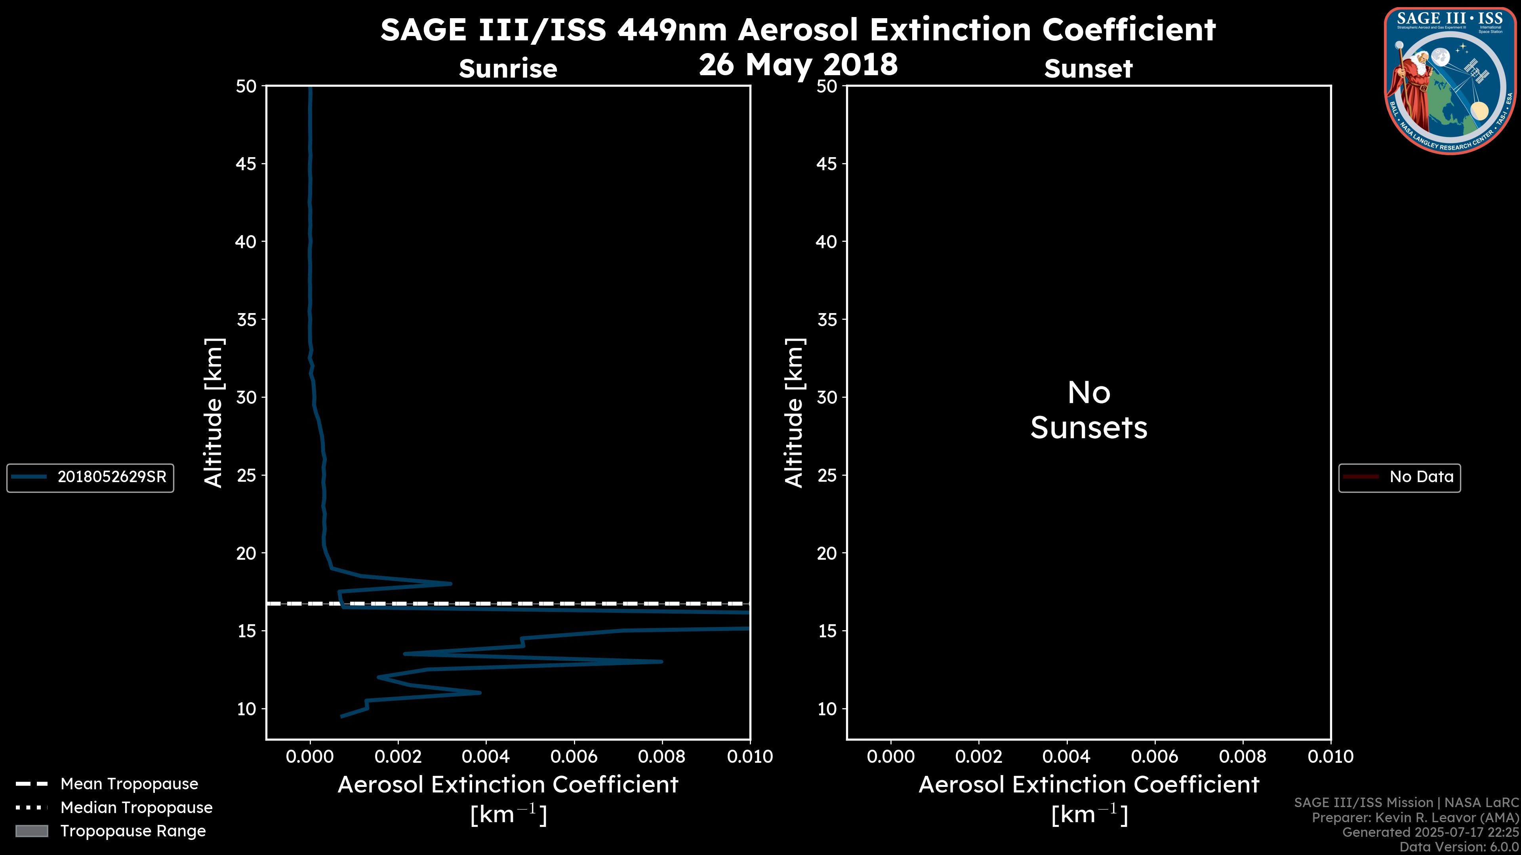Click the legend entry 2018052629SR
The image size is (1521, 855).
[112, 477]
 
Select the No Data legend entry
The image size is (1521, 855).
[1421, 477]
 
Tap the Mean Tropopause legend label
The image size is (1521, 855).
[129, 784]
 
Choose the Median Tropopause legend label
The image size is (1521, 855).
[136, 807]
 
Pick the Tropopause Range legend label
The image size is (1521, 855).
[133, 831]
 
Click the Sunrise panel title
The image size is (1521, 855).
[508, 69]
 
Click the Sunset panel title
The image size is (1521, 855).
[1088, 69]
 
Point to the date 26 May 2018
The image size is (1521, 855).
[798, 64]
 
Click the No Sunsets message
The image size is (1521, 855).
[1089, 410]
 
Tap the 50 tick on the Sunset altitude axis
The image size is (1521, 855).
[827, 87]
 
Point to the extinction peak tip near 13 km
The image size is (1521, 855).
[661, 661]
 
